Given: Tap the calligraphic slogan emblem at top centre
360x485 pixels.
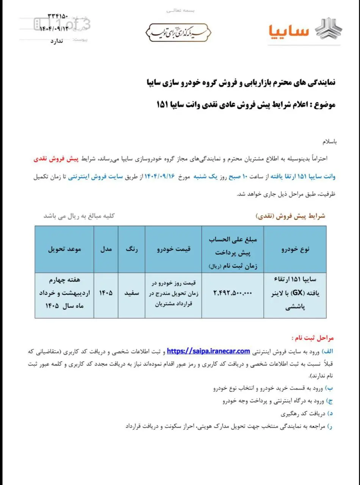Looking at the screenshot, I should coord(178,32).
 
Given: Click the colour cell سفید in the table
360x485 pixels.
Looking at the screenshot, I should coord(132,293).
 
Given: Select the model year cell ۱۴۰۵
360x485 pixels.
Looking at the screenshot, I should coord(106,293).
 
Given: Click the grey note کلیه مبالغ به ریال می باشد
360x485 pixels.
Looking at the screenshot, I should coord(79,216).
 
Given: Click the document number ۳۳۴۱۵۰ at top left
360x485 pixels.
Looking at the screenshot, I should coord(57,17).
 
